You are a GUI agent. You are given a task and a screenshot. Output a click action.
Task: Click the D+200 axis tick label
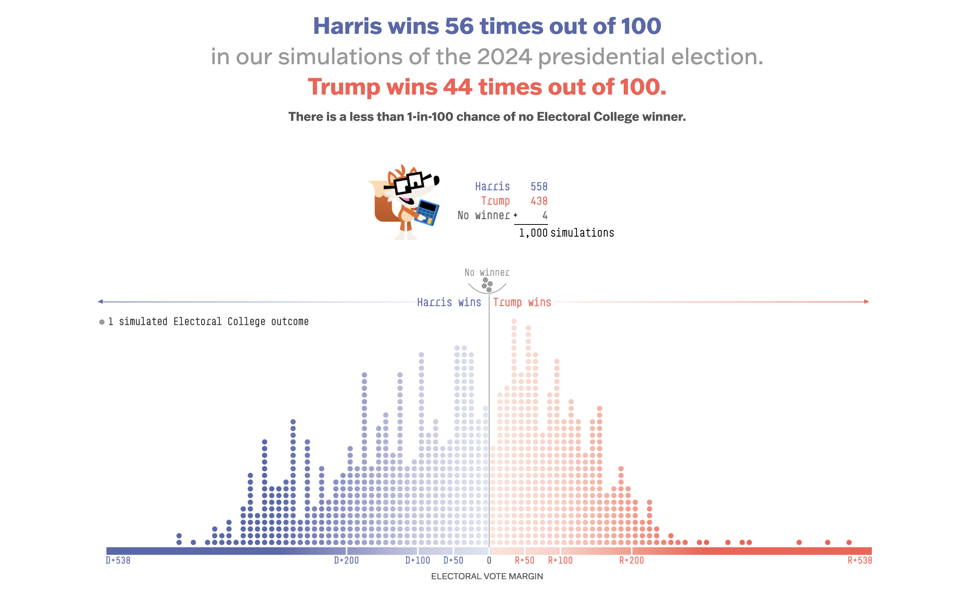click(346, 560)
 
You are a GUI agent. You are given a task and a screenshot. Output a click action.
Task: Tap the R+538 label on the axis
click(860, 560)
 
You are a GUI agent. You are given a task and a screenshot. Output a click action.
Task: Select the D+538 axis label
click(118, 560)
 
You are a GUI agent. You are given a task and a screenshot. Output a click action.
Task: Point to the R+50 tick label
click(524, 560)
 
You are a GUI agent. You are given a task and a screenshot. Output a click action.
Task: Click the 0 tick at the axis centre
click(489, 560)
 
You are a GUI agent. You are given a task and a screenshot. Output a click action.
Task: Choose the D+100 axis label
click(417, 560)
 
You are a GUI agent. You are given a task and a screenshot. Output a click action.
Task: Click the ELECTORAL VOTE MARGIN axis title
click(487, 576)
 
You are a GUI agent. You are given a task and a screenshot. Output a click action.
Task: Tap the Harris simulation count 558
click(539, 186)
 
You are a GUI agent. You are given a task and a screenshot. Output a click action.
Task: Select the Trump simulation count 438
click(539, 201)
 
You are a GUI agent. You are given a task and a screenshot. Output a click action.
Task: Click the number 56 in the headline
click(459, 26)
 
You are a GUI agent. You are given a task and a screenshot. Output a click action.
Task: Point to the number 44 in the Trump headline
click(457, 87)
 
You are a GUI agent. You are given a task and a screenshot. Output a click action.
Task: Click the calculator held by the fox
click(427, 212)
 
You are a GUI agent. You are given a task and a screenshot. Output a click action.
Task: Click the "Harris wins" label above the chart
click(449, 302)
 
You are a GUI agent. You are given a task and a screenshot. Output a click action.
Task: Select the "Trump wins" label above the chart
click(522, 302)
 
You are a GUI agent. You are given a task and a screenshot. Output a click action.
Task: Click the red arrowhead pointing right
click(866, 301)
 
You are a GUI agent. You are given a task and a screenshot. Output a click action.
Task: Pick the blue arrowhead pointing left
click(100, 301)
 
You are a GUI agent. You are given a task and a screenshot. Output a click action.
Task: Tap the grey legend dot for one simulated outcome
click(102, 322)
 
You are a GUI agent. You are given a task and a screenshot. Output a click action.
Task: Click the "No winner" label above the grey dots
click(487, 272)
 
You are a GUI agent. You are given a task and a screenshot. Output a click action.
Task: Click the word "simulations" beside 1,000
click(582, 233)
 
